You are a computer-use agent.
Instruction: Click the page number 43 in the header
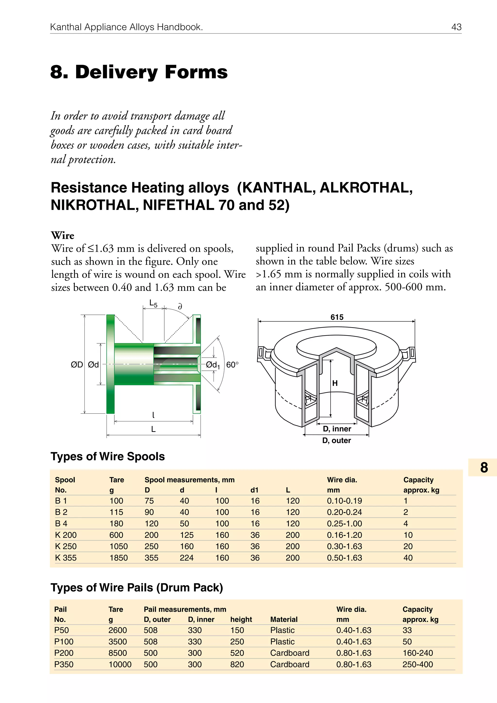(x=456, y=27)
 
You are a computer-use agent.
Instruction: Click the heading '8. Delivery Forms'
(x=139, y=72)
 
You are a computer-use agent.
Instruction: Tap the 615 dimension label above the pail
(x=337, y=317)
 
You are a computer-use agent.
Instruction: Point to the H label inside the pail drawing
(x=335, y=383)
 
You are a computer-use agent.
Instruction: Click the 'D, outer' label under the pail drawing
(x=336, y=440)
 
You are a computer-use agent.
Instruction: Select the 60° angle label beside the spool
(x=232, y=365)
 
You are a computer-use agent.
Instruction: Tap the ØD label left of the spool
(x=77, y=365)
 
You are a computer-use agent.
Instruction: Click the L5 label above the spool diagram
(x=153, y=303)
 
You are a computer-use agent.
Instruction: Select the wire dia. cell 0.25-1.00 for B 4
(x=344, y=524)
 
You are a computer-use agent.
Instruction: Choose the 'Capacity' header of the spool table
(x=418, y=480)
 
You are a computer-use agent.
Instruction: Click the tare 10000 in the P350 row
(x=120, y=664)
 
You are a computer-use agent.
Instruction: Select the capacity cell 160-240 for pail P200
(x=417, y=653)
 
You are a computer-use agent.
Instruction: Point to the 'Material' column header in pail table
(x=283, y=619)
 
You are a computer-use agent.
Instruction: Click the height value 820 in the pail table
(x=237, y=664)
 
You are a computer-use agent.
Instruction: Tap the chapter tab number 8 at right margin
(x=484, y=468)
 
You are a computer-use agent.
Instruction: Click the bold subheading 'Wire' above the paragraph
(x=63, y=235)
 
